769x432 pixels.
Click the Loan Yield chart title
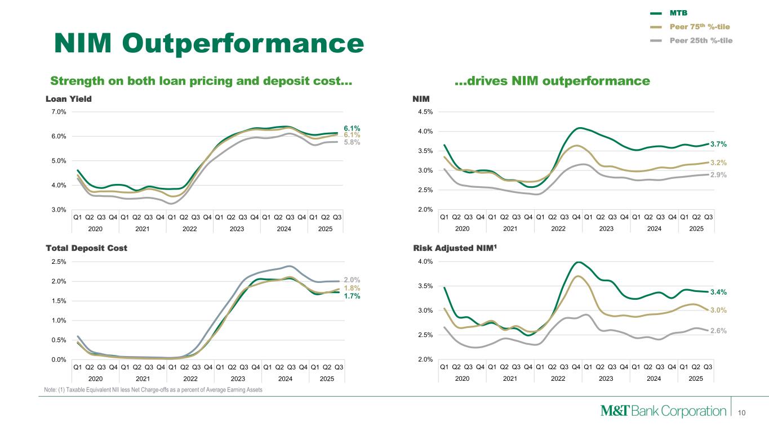click(68, 99)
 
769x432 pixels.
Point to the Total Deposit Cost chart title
click(86, 248)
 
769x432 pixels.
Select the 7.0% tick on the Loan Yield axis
click(58, 111)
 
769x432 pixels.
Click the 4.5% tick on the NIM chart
click(425, 111)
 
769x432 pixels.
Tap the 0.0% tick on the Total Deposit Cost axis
click(58, 359)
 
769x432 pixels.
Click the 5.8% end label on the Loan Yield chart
click(352, 142)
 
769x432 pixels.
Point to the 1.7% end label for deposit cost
click(352, 296)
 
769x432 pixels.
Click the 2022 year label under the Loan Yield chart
click(190, 229)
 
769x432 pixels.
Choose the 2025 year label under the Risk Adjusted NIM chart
click(696, 379)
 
